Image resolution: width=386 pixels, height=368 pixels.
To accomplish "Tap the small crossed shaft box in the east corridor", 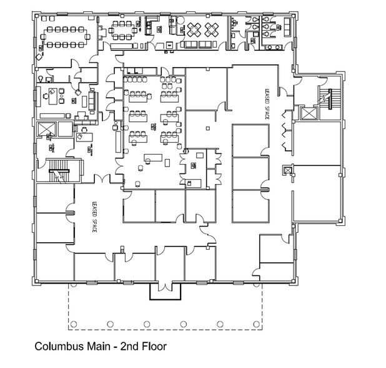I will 287,170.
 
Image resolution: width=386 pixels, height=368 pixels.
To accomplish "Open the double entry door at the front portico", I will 165,287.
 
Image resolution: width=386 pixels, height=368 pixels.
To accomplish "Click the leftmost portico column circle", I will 72,324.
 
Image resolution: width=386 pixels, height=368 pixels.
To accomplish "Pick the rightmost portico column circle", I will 257,324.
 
